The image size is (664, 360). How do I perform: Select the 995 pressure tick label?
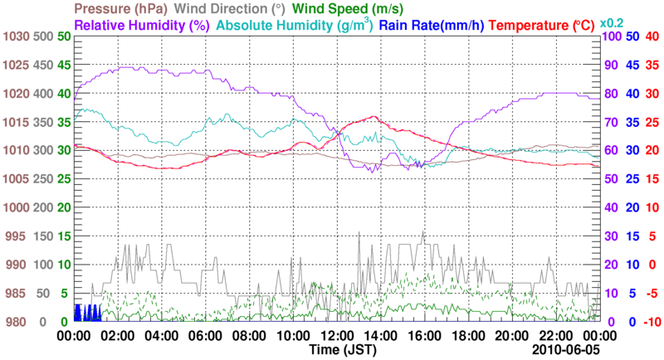[17, 236]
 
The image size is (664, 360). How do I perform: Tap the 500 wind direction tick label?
[42, 37]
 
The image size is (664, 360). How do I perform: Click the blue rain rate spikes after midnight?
[86, 313]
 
